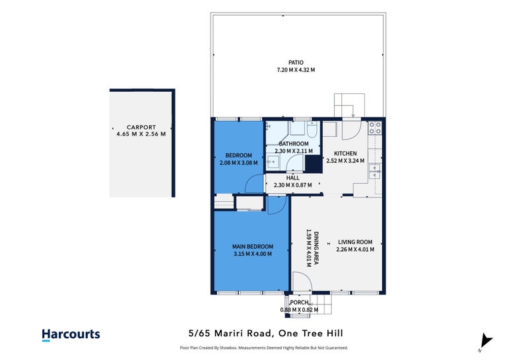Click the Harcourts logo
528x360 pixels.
71,334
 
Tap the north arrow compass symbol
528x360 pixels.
486,341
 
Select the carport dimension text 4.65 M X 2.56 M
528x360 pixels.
141,134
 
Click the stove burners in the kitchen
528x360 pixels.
375,127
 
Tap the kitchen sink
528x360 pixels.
376,171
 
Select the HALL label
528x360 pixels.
293,178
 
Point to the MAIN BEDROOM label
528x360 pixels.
253,246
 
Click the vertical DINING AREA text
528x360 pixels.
317,248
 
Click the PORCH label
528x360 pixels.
299,303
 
